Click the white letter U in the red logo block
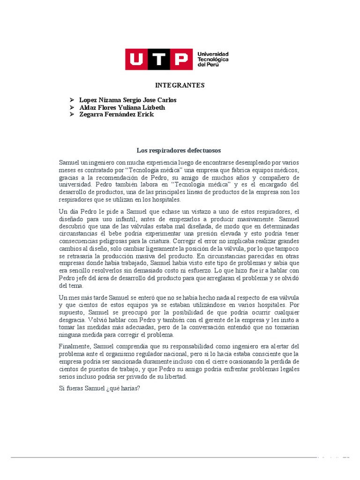click(136, 60)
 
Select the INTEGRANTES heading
click(180, 85)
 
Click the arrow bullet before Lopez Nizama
click(72, 100)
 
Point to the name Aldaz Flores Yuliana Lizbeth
click(122, 107)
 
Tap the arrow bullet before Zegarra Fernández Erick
click(72, 115)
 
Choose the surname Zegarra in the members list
click(91, 115)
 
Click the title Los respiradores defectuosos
click(179, 150)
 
